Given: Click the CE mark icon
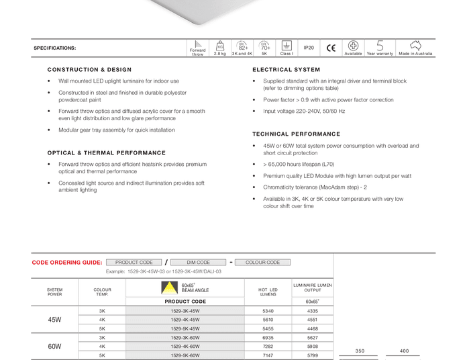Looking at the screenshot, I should (331, 48).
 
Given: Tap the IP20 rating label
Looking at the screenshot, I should (309, 48).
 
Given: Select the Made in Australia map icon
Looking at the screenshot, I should (415, 46).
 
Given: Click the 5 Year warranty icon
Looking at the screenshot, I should (380, 46).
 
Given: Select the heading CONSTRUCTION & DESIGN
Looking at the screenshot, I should (89, 70).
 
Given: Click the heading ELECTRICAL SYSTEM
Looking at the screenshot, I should (287, 70).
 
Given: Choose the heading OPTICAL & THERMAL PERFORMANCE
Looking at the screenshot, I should (106, 153).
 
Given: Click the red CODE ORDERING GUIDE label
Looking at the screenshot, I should (67, 263).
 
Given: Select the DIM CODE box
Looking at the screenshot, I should (198, 263).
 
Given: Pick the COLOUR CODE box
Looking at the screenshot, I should (262, 263).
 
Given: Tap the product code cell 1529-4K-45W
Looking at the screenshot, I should (185, 320).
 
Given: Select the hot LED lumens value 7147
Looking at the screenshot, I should (268, 355).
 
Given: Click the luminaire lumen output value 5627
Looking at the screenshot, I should (313, 338).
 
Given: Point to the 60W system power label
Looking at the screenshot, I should (54, 347).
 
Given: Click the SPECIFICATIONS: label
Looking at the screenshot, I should (55, 48).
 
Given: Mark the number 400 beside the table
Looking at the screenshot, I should (404, 351).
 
